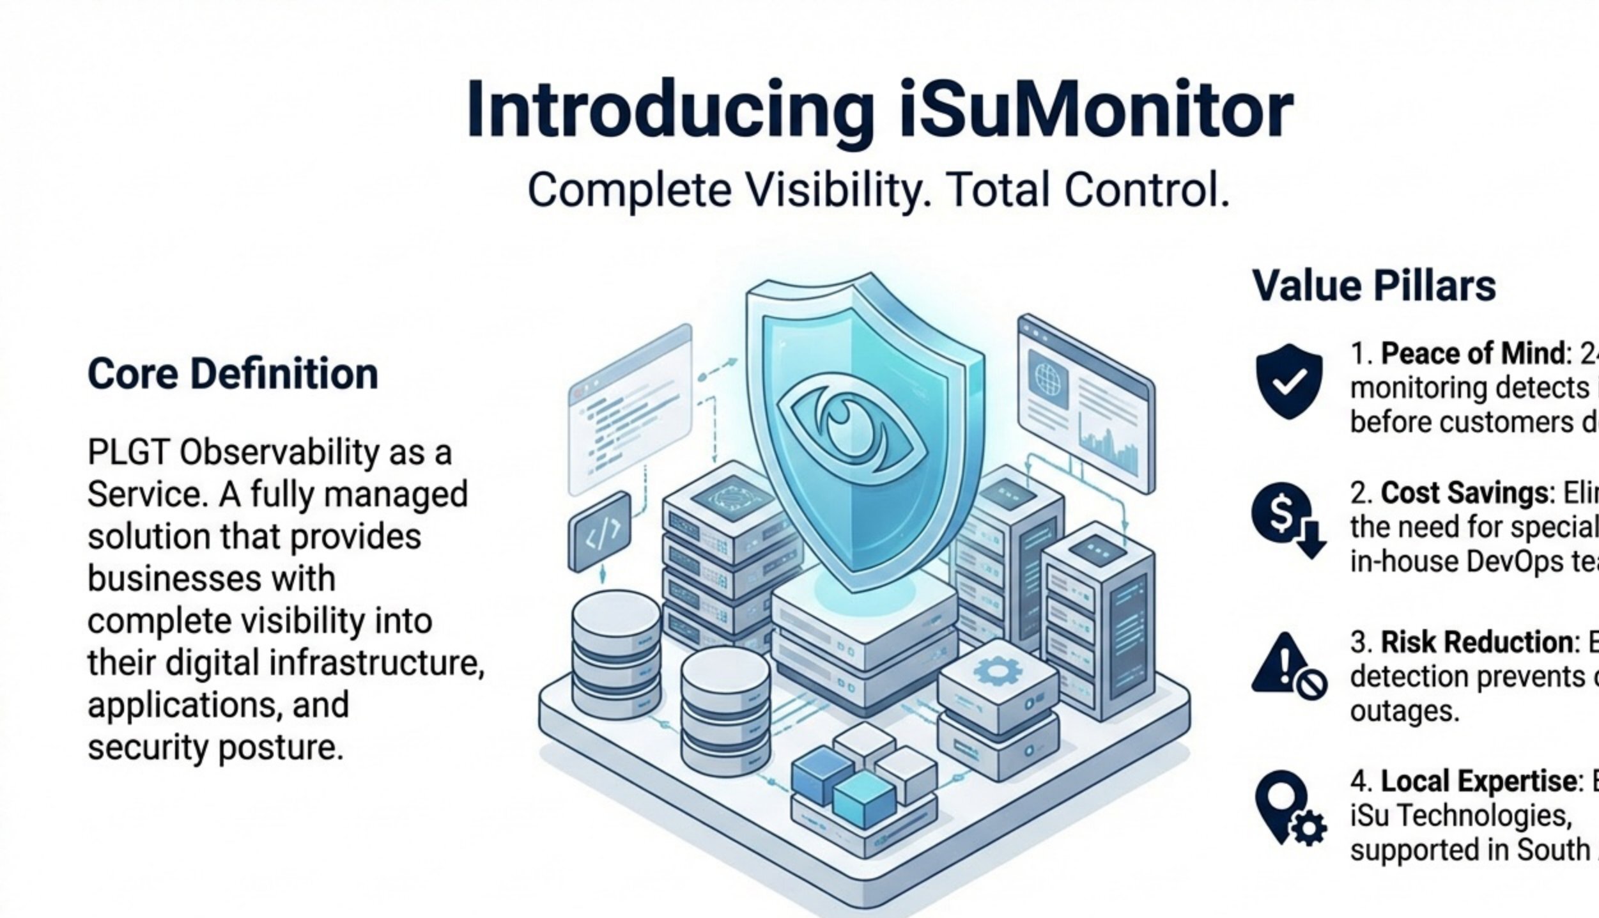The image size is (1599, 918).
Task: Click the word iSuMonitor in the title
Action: pos(1095,110)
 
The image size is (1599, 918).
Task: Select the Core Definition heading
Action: pos(233,374)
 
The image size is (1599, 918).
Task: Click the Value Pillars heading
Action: pos(1374,286)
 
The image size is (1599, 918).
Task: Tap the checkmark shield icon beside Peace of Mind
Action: pos(1289,381)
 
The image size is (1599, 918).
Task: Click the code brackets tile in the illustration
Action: pos(599,532)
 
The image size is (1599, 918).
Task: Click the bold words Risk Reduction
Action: pos(1479,642)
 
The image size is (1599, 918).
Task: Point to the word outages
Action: pos(1404,712)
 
